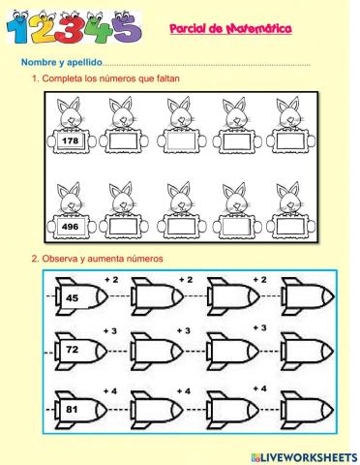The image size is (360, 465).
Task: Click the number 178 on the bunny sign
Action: pos(67,140)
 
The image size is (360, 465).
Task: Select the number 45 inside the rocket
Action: pos(72,298)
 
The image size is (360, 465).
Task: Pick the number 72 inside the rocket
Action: pos(72,349)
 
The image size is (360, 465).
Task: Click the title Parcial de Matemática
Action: pos(237,31)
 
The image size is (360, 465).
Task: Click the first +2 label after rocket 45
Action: pos(110,279)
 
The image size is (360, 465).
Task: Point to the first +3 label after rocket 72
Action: pos(110,331)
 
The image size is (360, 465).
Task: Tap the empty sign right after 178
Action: pos(122,141)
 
